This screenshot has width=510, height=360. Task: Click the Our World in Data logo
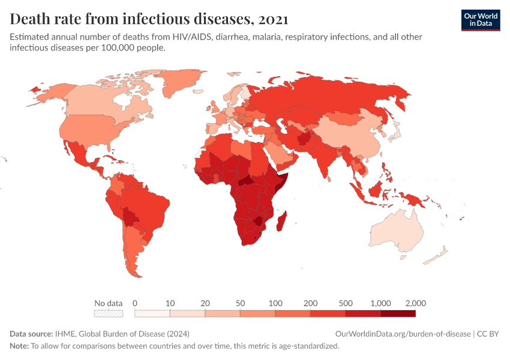point(480,20)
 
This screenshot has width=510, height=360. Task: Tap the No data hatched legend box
point(109,313)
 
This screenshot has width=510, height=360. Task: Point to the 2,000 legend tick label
point(415,303)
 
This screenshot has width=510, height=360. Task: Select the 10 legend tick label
point(170,303)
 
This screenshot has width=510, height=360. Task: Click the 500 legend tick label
point(345,303)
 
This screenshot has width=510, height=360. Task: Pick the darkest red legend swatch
point(398,313)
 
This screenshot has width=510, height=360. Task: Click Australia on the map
point(397,232)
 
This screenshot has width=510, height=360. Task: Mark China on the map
point(354,135)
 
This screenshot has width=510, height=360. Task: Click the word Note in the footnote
point(19,346)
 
